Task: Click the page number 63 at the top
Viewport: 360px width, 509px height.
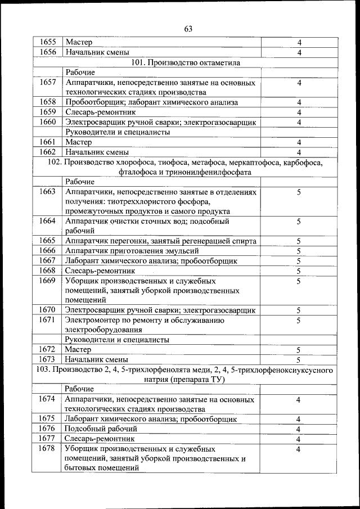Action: (x=188, y=29)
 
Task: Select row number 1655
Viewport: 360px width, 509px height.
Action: (x=48, y=42)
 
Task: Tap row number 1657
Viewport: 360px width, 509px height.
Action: (x=48, y=83)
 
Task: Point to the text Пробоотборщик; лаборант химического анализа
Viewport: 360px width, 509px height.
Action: (x=151, y=102)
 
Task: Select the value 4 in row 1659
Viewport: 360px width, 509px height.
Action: (x=299, y=112)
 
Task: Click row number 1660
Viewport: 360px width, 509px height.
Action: (x=48, y=122)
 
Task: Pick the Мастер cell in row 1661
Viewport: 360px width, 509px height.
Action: (x=79, y=142)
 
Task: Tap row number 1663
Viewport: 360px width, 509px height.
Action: (x=48, y=192)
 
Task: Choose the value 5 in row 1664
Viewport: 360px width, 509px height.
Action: (x=299, y=222)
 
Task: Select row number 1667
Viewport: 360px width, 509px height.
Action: (x=48, y=261)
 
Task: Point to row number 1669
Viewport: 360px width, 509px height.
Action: (x=48, y=281)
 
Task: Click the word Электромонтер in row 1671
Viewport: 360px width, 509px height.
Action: (x=93, y=320)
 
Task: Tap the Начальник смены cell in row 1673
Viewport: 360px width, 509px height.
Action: (x=97, y=359)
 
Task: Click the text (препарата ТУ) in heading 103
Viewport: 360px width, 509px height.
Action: (x=199, y=380)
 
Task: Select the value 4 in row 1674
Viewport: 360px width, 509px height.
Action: (x=299, y=399)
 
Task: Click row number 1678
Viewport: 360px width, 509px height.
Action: (x=48, y=449)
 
